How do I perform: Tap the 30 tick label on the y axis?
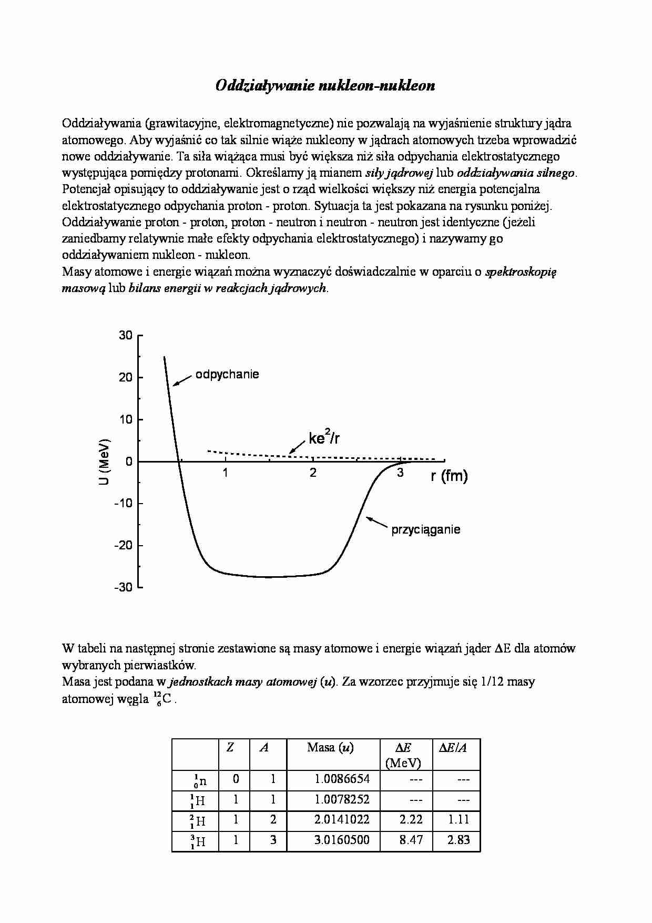pyautogui.click(x=126, y=335)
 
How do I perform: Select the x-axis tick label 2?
pyautogui.click(x=313, y=473)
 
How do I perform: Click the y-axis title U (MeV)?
pyautogui.click(x=105, y=461)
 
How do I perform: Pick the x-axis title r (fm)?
pyautogui.click(x=449, y=476)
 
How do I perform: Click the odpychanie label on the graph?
pyautogui.click(x=227, y=375)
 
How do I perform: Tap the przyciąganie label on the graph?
pyautogui.click(x=425, y=529)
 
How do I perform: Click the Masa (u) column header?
pyautogui.click(x=330, y=747)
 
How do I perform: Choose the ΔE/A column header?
pyautogui.click(x=453, y=747)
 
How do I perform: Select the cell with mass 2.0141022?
pyautogui.click(x=342, y=820)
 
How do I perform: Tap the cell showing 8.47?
pyautogui.click(x=411, y=840)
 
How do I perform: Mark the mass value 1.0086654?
pyautogui.click(x=342, y=779)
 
